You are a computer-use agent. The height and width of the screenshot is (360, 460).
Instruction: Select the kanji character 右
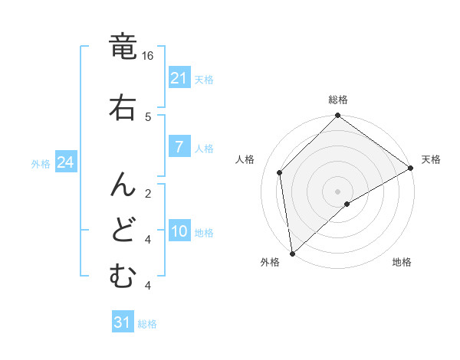click(123, 106)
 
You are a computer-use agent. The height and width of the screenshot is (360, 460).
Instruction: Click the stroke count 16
click(148, 56)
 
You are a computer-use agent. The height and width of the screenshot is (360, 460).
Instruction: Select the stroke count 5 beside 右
click(148, 116)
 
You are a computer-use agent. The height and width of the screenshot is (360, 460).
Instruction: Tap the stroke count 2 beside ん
click(148, 193)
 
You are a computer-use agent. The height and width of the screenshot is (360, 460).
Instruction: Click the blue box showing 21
click(179, 78)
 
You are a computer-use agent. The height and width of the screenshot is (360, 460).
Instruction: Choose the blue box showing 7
click(179, 147)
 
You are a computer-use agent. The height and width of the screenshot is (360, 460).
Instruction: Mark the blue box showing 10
click(179, 231)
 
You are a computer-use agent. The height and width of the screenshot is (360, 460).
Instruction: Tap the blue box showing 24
click(65, 162)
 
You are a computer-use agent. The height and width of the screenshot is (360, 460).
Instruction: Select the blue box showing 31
click(123, 322)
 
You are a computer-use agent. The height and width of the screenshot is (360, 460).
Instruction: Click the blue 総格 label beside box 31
click(147, 324)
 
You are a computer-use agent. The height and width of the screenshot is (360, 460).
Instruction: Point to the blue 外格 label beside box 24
click(41, 163)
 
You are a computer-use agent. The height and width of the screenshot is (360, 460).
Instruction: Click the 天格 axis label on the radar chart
click(431, 159)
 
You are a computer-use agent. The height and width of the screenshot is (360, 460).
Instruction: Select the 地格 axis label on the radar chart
click(402, 263)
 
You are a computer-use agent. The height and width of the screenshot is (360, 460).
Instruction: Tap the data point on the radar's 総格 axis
click(337, 116)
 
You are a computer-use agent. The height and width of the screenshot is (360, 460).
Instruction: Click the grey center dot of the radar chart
click(337, 191)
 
